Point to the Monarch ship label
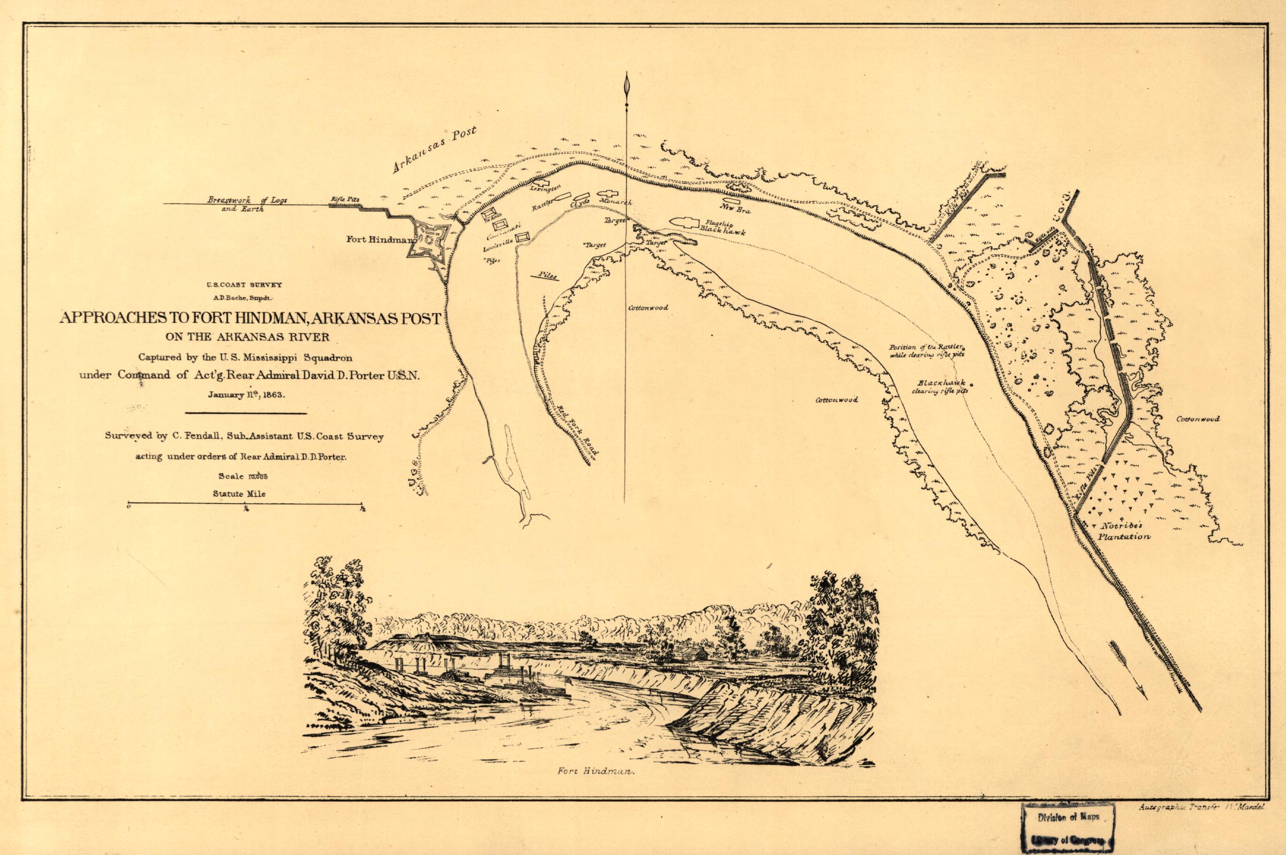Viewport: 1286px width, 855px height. (615, 201)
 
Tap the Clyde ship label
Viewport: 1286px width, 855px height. (580, 203)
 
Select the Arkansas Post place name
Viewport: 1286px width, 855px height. (434, 150)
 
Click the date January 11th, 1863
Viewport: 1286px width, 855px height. (246, 395)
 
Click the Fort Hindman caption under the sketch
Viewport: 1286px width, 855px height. (597, 787)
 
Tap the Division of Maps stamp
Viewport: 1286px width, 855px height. (1068, 832)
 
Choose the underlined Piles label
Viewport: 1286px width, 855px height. (545, 276)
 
